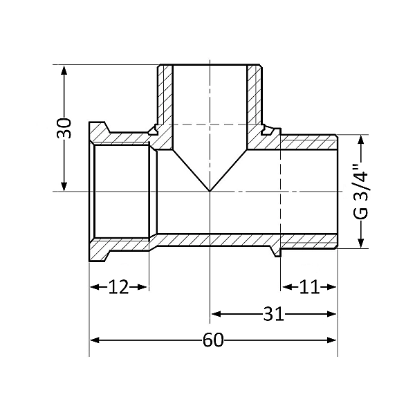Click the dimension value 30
(64, 128)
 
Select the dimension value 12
(119, 286)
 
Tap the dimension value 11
(308, 286)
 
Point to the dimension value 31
(274, 314)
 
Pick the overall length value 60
(213, 341)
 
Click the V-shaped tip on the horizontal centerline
(210, 190)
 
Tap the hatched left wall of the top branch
(165, 97)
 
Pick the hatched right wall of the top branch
(254, 97)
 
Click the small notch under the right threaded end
(277, 252)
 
